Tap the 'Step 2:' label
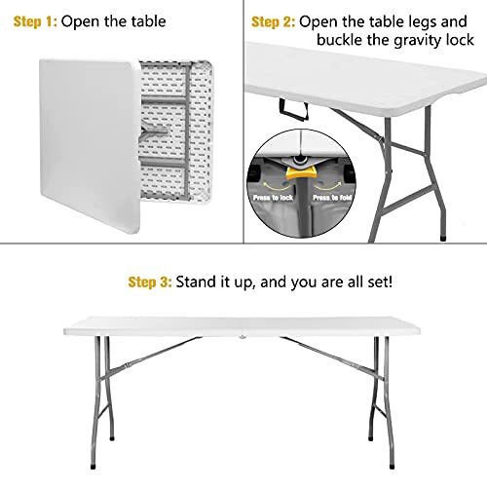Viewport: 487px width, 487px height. click(274, 21)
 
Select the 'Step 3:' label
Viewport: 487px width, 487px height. click(151, 281)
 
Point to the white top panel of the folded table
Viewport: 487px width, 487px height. click(88, 136)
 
